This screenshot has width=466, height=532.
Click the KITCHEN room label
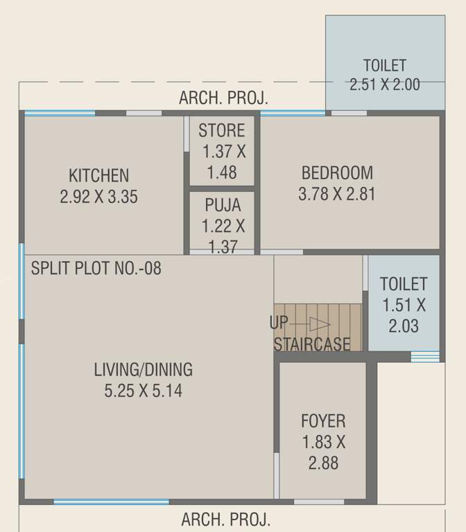click(x=98, y=175)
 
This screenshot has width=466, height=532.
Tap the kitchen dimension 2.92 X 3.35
click(x=98, y=197)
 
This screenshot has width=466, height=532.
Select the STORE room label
click(x=222, y=130)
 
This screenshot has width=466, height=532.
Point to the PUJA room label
click(x=223, y=205)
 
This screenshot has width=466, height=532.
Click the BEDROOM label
click(x=337, y=172)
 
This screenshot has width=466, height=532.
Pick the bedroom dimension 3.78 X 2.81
click(x=337, y=194)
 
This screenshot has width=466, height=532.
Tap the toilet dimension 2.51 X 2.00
click(x=385, y=85)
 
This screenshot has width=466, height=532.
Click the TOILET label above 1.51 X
click(x=404, y=283)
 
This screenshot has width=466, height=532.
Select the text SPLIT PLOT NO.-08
click(x=96, y=267)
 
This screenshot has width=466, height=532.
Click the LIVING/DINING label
click(x=144, y=369)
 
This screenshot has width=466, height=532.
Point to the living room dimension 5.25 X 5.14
click(x=144, y=391)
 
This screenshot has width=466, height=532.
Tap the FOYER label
click(x=323, y=420)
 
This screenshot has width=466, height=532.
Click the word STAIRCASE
click(x=312, y=344)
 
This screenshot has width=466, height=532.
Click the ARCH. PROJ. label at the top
click(x=223, y=98)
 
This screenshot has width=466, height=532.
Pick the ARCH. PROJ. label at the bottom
click(x=226, y=519)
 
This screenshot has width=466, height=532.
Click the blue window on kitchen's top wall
click(x=60, y=113)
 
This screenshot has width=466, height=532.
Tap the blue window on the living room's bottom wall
click(x=111, y=502)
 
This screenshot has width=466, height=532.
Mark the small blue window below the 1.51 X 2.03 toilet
click(x=425, y=356)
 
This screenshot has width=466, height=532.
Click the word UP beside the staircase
click(x=278, y=323)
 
